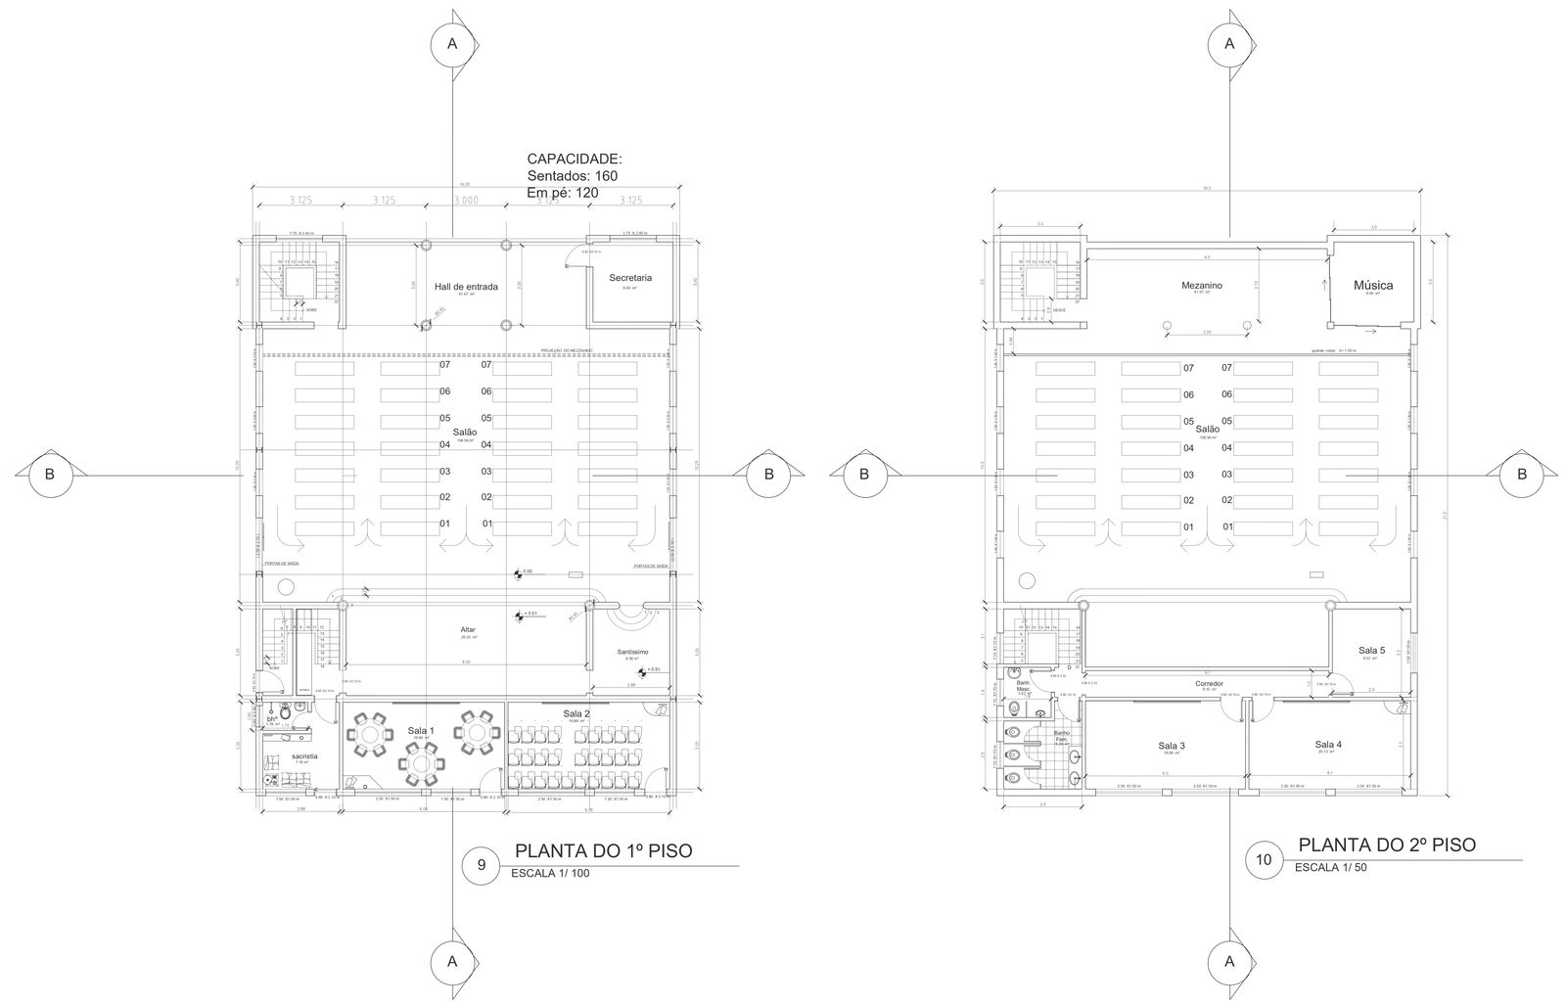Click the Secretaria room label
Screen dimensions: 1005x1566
click(629, 278)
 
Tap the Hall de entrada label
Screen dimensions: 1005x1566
click(466, 287)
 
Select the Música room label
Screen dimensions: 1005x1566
click(1372, 286)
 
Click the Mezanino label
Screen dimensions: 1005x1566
click(1201, 286)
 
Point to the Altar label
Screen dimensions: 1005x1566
click(467, 629)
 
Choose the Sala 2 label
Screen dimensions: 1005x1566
click(576, 714)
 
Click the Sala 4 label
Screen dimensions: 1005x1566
click(1328, 745)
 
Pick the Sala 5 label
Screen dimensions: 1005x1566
click(1371, 650)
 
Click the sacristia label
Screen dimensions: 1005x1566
click(303, 756)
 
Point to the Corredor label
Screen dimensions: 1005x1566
click(1209, 683)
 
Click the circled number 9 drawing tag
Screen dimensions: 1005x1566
click(481, 865)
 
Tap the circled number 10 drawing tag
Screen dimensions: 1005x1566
click(1264, 860)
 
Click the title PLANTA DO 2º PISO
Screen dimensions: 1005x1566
click(1386, 845)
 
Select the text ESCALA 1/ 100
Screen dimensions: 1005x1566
click(550, 874)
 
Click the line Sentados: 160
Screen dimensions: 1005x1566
click(572, 176)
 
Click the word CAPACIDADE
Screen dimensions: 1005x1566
click(574, 159)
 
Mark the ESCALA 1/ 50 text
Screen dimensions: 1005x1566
click(1330, 868)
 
